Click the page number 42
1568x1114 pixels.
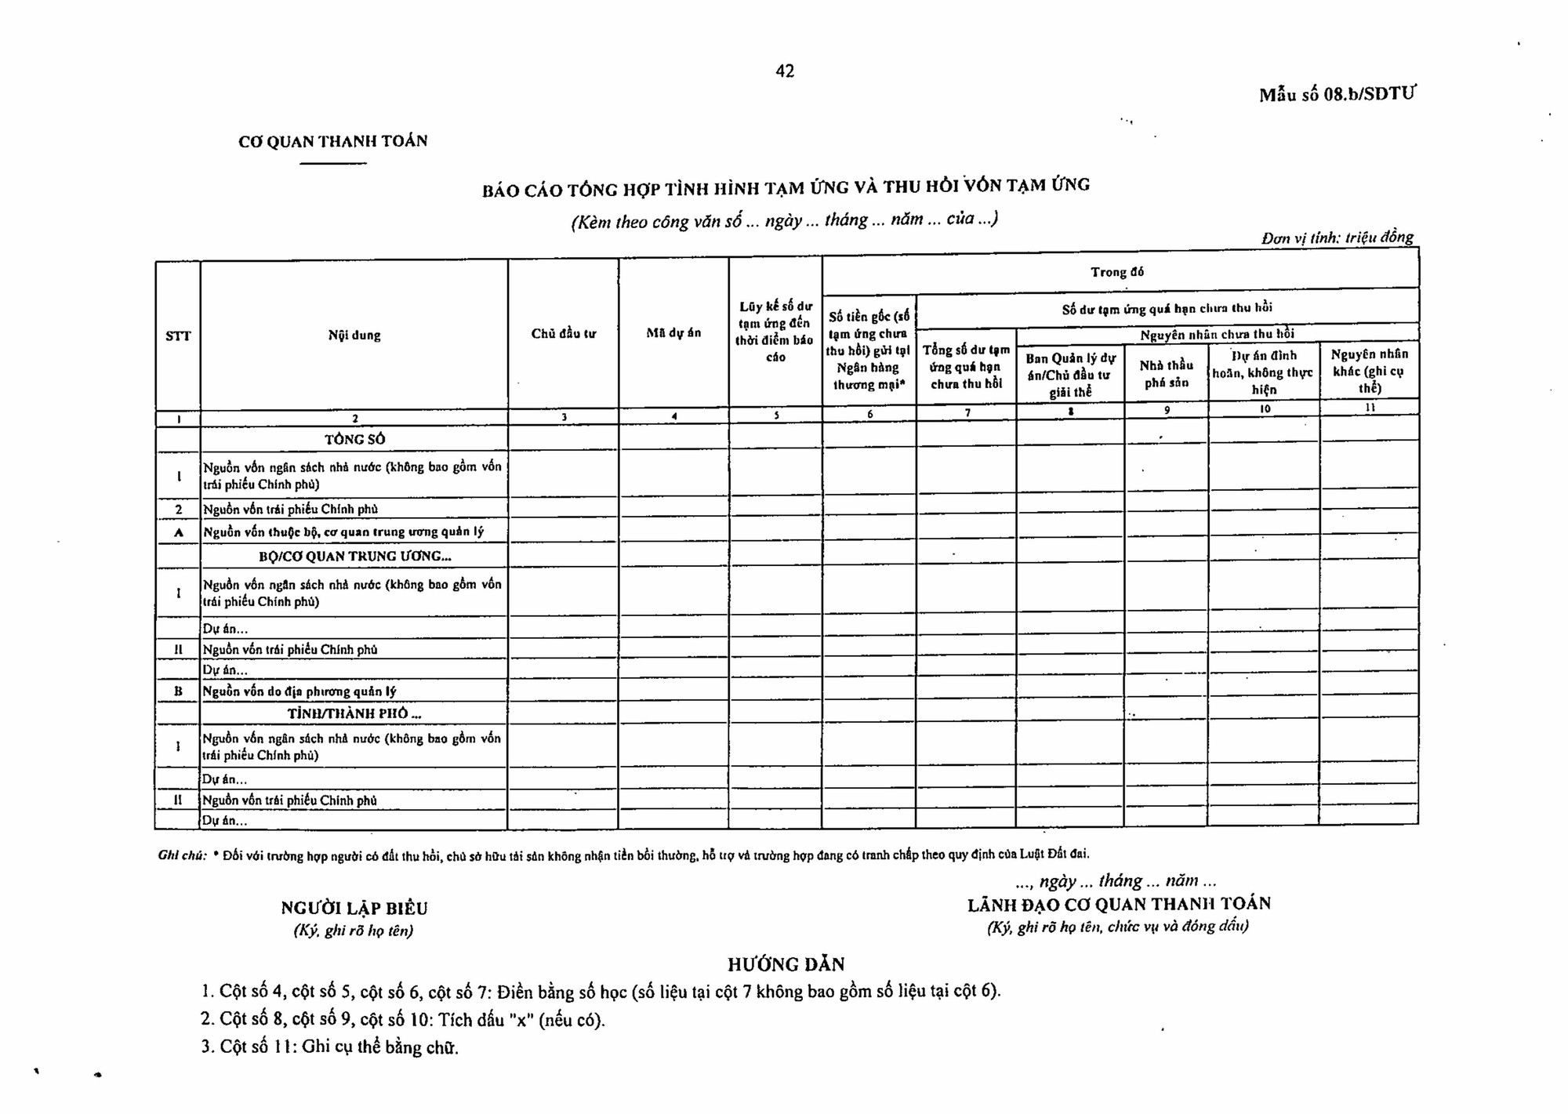pyautogui.click(x=785, y=71)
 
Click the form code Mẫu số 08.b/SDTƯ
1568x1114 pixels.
pyautogui.click(x=1337, y=95)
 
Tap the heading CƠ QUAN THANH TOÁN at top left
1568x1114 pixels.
pyautogui.click(x=333, y=142)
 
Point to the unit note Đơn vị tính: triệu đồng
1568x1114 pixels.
pyautogui.click(x=1338, y=238)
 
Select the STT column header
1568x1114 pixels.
pyautogui.click(x=178, y=336)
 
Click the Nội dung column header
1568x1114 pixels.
pyautogui.click(x=354, y=336)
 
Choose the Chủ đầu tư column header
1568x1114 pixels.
pyautogui.click(x=563, y=334)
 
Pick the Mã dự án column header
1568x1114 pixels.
pyautogui.click(x=673, y=333)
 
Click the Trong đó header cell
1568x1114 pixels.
pyautogui.click(x=1117, y=272)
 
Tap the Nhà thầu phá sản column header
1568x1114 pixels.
pyautogui.click(x=1166, y=374)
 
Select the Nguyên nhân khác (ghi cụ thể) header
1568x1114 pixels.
pyautogui.click(x=1369, y=371)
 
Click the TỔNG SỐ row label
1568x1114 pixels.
pyautogui.click(x=355, y=439)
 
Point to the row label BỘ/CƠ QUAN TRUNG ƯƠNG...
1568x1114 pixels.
pyautogui.click(x=354, y=557)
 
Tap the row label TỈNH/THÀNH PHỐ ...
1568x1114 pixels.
pyautogui.click(x=354, y=713)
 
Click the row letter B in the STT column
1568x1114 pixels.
pyautogui.click(x=178, y=691)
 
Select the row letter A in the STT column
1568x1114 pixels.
pyautogui.click(x=178, y=532)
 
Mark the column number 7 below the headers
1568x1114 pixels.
pyautogui.click(x=967, y=413)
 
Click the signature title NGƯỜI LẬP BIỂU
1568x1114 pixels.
pyautogui.click(x=354, y=909)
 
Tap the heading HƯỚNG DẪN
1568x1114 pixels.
pyautogui.click(x=786, y=964)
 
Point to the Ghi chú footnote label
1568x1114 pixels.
pyautogui.click(x=182, y=855)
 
